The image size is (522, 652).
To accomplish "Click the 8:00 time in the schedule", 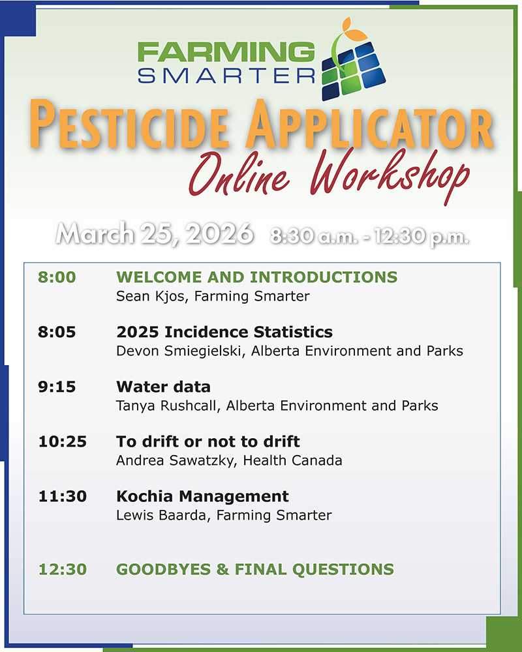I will click(x=57, y=277).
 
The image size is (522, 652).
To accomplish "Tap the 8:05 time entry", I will click(x=57, y=332).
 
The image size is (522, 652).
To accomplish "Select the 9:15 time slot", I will click(x=57, y=387).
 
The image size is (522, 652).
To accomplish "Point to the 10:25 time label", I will click(x=62, y=441).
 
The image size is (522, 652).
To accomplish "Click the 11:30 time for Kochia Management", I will click(x=62, y=496).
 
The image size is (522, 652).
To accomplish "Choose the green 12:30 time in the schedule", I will click(x=62, y=569).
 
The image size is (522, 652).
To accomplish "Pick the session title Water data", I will click(x=163, y=387).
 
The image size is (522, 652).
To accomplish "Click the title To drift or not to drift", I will click(x=207, y=441).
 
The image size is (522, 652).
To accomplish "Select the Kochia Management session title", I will click(x=202, y=496).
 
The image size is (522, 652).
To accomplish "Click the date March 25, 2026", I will click(x=154, y=233).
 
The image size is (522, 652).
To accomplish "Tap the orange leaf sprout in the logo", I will click(x=348, y=31).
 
